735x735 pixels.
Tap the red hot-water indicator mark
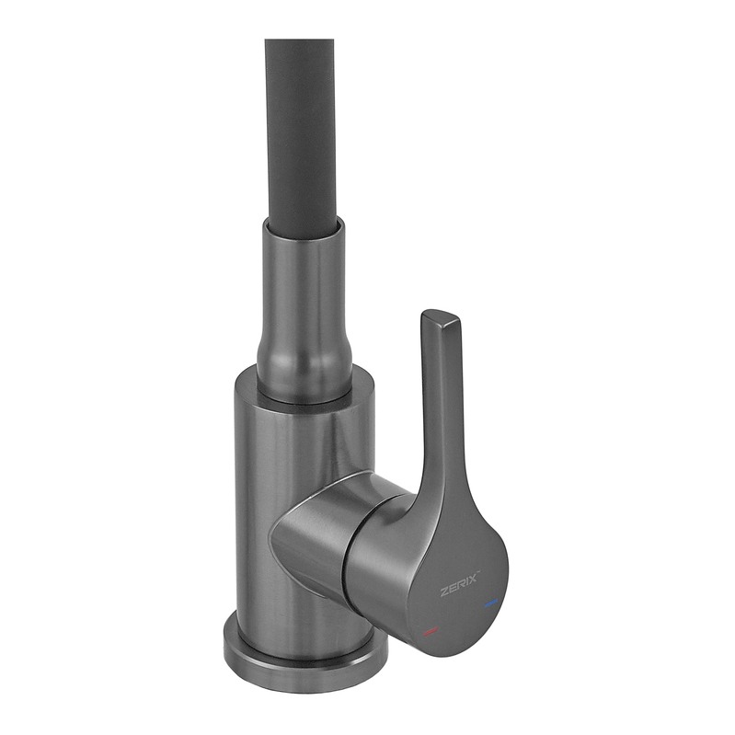430,631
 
